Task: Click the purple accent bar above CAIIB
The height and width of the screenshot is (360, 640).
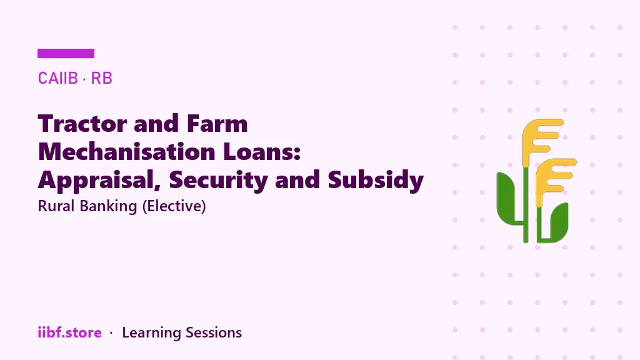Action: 66,54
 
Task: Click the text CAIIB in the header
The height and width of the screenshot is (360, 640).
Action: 57,78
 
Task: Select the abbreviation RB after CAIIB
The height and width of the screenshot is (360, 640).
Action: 101,78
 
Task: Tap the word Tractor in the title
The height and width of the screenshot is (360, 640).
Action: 82,123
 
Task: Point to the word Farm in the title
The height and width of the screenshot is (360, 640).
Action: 217,123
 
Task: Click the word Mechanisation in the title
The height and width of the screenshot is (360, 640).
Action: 126,151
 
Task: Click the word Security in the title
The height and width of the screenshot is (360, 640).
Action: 218,180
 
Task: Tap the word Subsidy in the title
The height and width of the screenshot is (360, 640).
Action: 376,180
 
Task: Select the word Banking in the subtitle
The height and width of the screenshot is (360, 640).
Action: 108,206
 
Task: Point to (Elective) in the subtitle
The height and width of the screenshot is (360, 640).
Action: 174,206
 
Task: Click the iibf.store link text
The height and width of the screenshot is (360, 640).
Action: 70,332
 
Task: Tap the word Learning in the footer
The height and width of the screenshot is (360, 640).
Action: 151,333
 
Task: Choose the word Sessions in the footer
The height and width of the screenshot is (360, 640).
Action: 214,332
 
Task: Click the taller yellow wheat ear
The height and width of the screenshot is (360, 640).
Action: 541,139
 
